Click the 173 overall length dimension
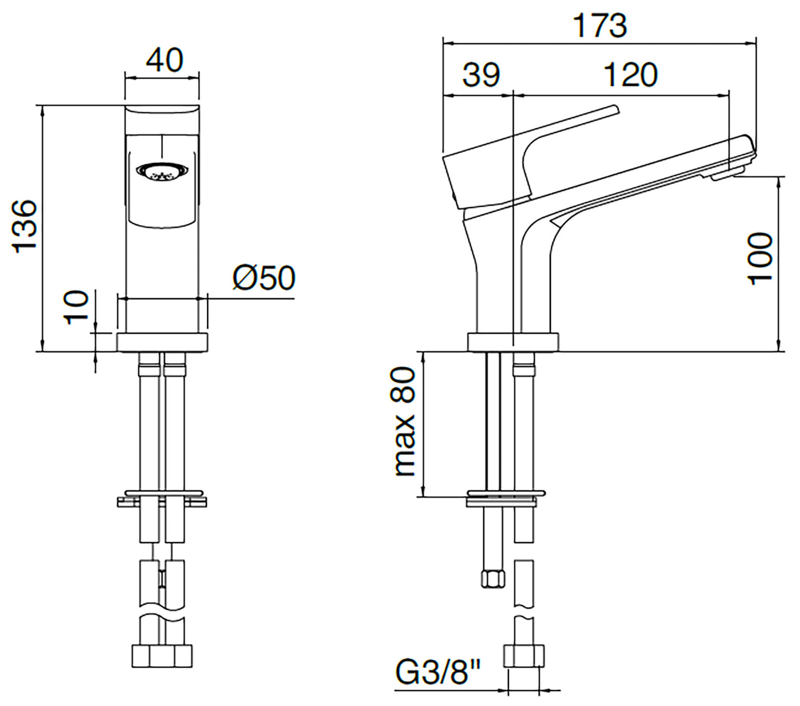[x=600, y=26]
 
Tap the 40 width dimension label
[x=164, y=60]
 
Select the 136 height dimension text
[x=25, y=226]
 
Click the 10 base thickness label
[x=76, y=308]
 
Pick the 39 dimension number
[x=481, y=74]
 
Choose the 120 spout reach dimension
[x=631, y=74]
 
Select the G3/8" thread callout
[x=438, y=672]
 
